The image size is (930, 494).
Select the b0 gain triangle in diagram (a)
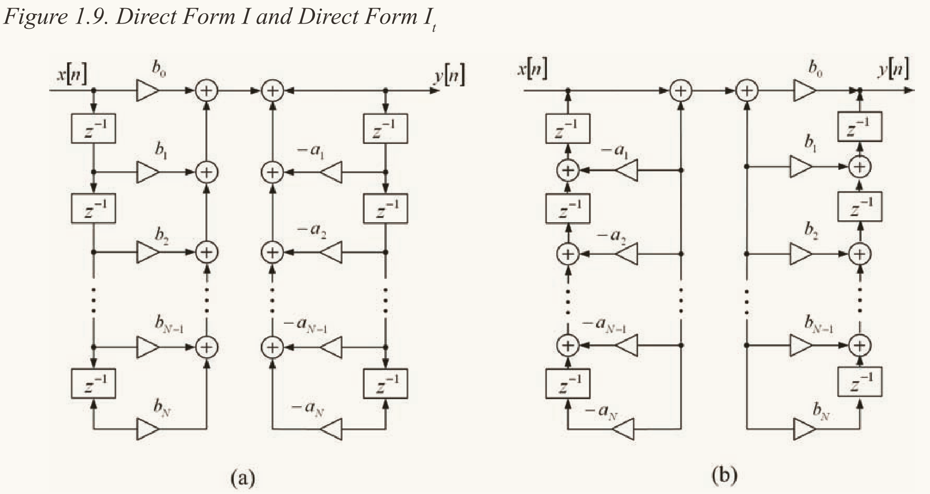[147, 90]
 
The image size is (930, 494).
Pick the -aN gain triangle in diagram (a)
[332, 429]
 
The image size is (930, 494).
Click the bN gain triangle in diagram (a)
[147, 429]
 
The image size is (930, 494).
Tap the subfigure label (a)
[243, 477]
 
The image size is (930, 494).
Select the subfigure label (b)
[724, 476]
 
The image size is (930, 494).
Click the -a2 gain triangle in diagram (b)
[627, 254]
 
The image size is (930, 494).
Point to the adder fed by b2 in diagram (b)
[859, 254]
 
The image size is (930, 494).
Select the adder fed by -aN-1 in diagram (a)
[272, 347]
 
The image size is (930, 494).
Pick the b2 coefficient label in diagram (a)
[162, 235]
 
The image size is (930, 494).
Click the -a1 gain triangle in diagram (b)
[627, 170]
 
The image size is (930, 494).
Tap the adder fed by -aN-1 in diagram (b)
[568, 345]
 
